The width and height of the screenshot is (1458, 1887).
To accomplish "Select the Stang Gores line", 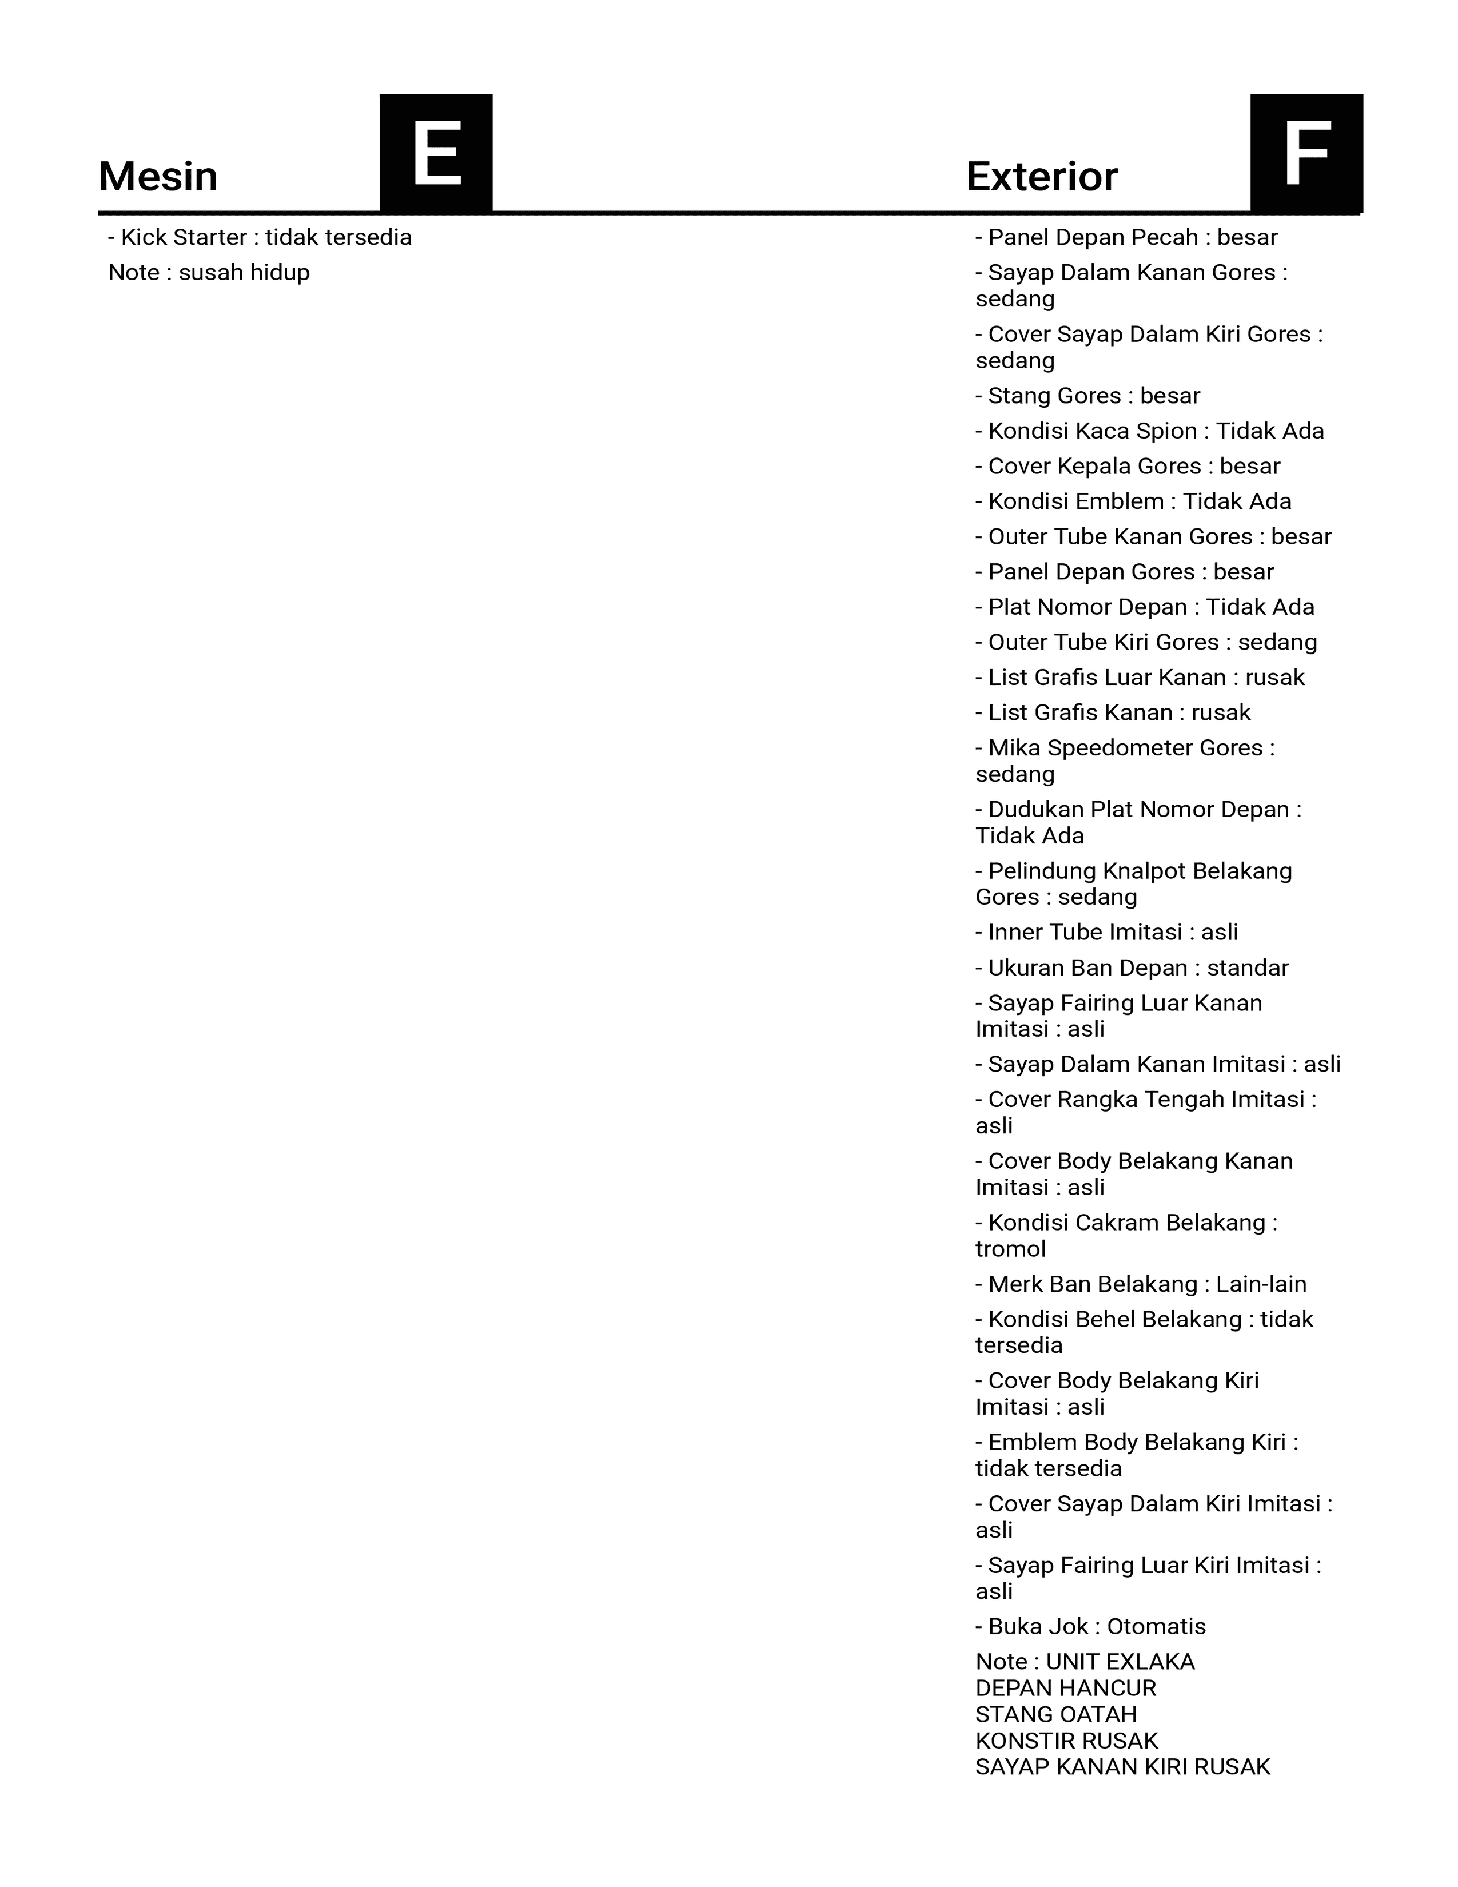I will [1087, 396].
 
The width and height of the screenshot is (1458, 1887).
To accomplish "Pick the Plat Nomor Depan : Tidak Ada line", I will [1145, 607].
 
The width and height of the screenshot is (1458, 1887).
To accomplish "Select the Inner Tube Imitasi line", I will [1106, 932].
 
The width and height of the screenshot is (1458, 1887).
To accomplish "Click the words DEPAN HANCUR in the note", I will [1065, 1687].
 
